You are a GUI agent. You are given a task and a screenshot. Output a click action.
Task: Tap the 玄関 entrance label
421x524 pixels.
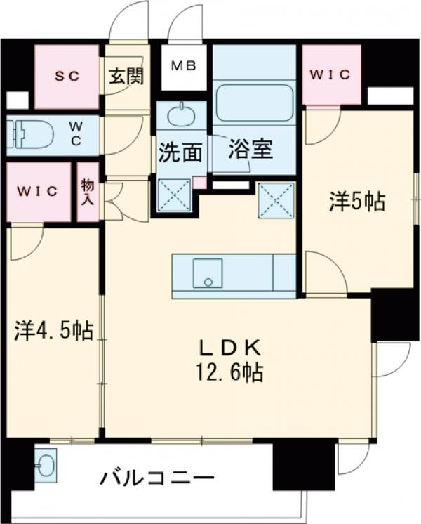126,75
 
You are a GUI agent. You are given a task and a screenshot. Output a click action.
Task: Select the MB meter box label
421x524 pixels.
185,67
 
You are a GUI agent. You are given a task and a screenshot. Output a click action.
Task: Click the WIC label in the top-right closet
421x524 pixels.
330,74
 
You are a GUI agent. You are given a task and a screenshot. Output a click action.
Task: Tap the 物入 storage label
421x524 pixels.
87,190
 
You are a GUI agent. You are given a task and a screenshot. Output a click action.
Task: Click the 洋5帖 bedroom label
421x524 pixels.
356,202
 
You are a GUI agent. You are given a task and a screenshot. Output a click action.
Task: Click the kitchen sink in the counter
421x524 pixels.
208,272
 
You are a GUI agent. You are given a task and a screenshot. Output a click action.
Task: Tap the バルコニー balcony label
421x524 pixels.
156,480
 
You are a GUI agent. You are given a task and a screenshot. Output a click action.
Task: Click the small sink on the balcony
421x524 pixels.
47,464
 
